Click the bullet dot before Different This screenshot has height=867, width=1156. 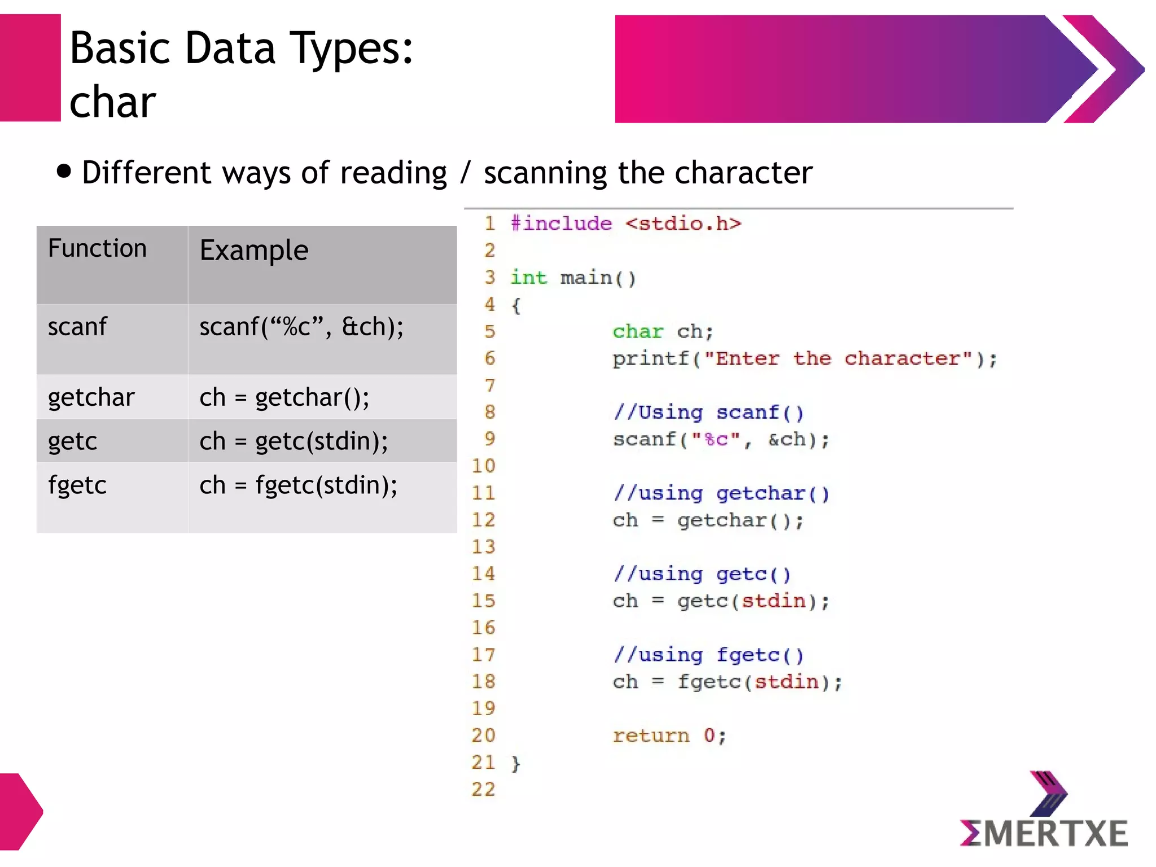coord(64,171)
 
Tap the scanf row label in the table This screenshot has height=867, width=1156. coord(77,327)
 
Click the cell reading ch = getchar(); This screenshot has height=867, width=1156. coord(284,397)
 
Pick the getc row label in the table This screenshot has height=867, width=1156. coord(73,441)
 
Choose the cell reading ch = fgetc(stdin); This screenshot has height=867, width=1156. coord(299,485)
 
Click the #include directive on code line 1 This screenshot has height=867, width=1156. coord(561,224)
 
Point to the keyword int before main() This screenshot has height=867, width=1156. coord(528,278)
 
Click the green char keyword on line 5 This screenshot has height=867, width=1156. coord(637,331)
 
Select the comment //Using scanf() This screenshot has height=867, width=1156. coord(708,413)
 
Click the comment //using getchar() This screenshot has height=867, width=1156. coord(721,493)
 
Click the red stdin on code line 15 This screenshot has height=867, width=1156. coord(773,601)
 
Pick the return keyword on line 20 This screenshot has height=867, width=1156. coord(651,735)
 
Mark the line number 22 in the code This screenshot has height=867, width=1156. coord(483,789)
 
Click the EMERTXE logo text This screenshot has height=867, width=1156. coord(1044,833)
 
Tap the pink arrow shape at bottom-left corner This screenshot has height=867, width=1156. coord(20,812)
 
